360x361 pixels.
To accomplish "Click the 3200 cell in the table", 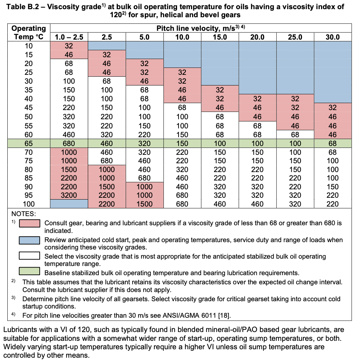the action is [x=69, y=195].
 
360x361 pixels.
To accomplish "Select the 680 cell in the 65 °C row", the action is [x=69, y=143].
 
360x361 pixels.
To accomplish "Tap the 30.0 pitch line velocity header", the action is [x=332, y=37].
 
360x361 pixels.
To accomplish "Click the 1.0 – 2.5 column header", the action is [x=69, y=37].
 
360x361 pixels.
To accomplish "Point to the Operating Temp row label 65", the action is [x=29, y=143].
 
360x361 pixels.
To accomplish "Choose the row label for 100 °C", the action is [x=29, y=204].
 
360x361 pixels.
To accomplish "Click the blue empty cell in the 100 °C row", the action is [x=69, y=204].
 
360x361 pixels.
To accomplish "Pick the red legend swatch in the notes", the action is [x=29, y=223].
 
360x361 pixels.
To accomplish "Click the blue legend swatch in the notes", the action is [x=29, y=240].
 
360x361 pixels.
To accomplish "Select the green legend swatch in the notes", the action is [x=29, y=271].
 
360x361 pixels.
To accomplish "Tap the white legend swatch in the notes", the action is [x=29, y=256].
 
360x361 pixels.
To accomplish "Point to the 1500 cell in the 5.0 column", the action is [x=144, y=204].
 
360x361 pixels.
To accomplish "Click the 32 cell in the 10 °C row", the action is [x=69, y=46].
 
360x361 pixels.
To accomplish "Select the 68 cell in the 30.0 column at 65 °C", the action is [x=332, y=143].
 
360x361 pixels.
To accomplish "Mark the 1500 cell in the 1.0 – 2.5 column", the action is [x=69, y=169].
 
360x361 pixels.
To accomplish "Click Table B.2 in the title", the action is [x=22, y=7].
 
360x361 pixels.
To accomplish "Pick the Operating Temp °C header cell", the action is [x=29, y=32].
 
